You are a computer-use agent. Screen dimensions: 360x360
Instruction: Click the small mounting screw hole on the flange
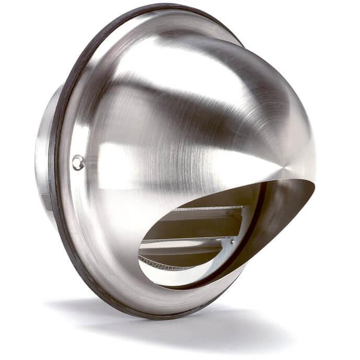pyautogui.click(x=78, y=162)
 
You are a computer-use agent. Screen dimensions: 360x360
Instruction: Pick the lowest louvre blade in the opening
pyautogui.click(x=172, y=261)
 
